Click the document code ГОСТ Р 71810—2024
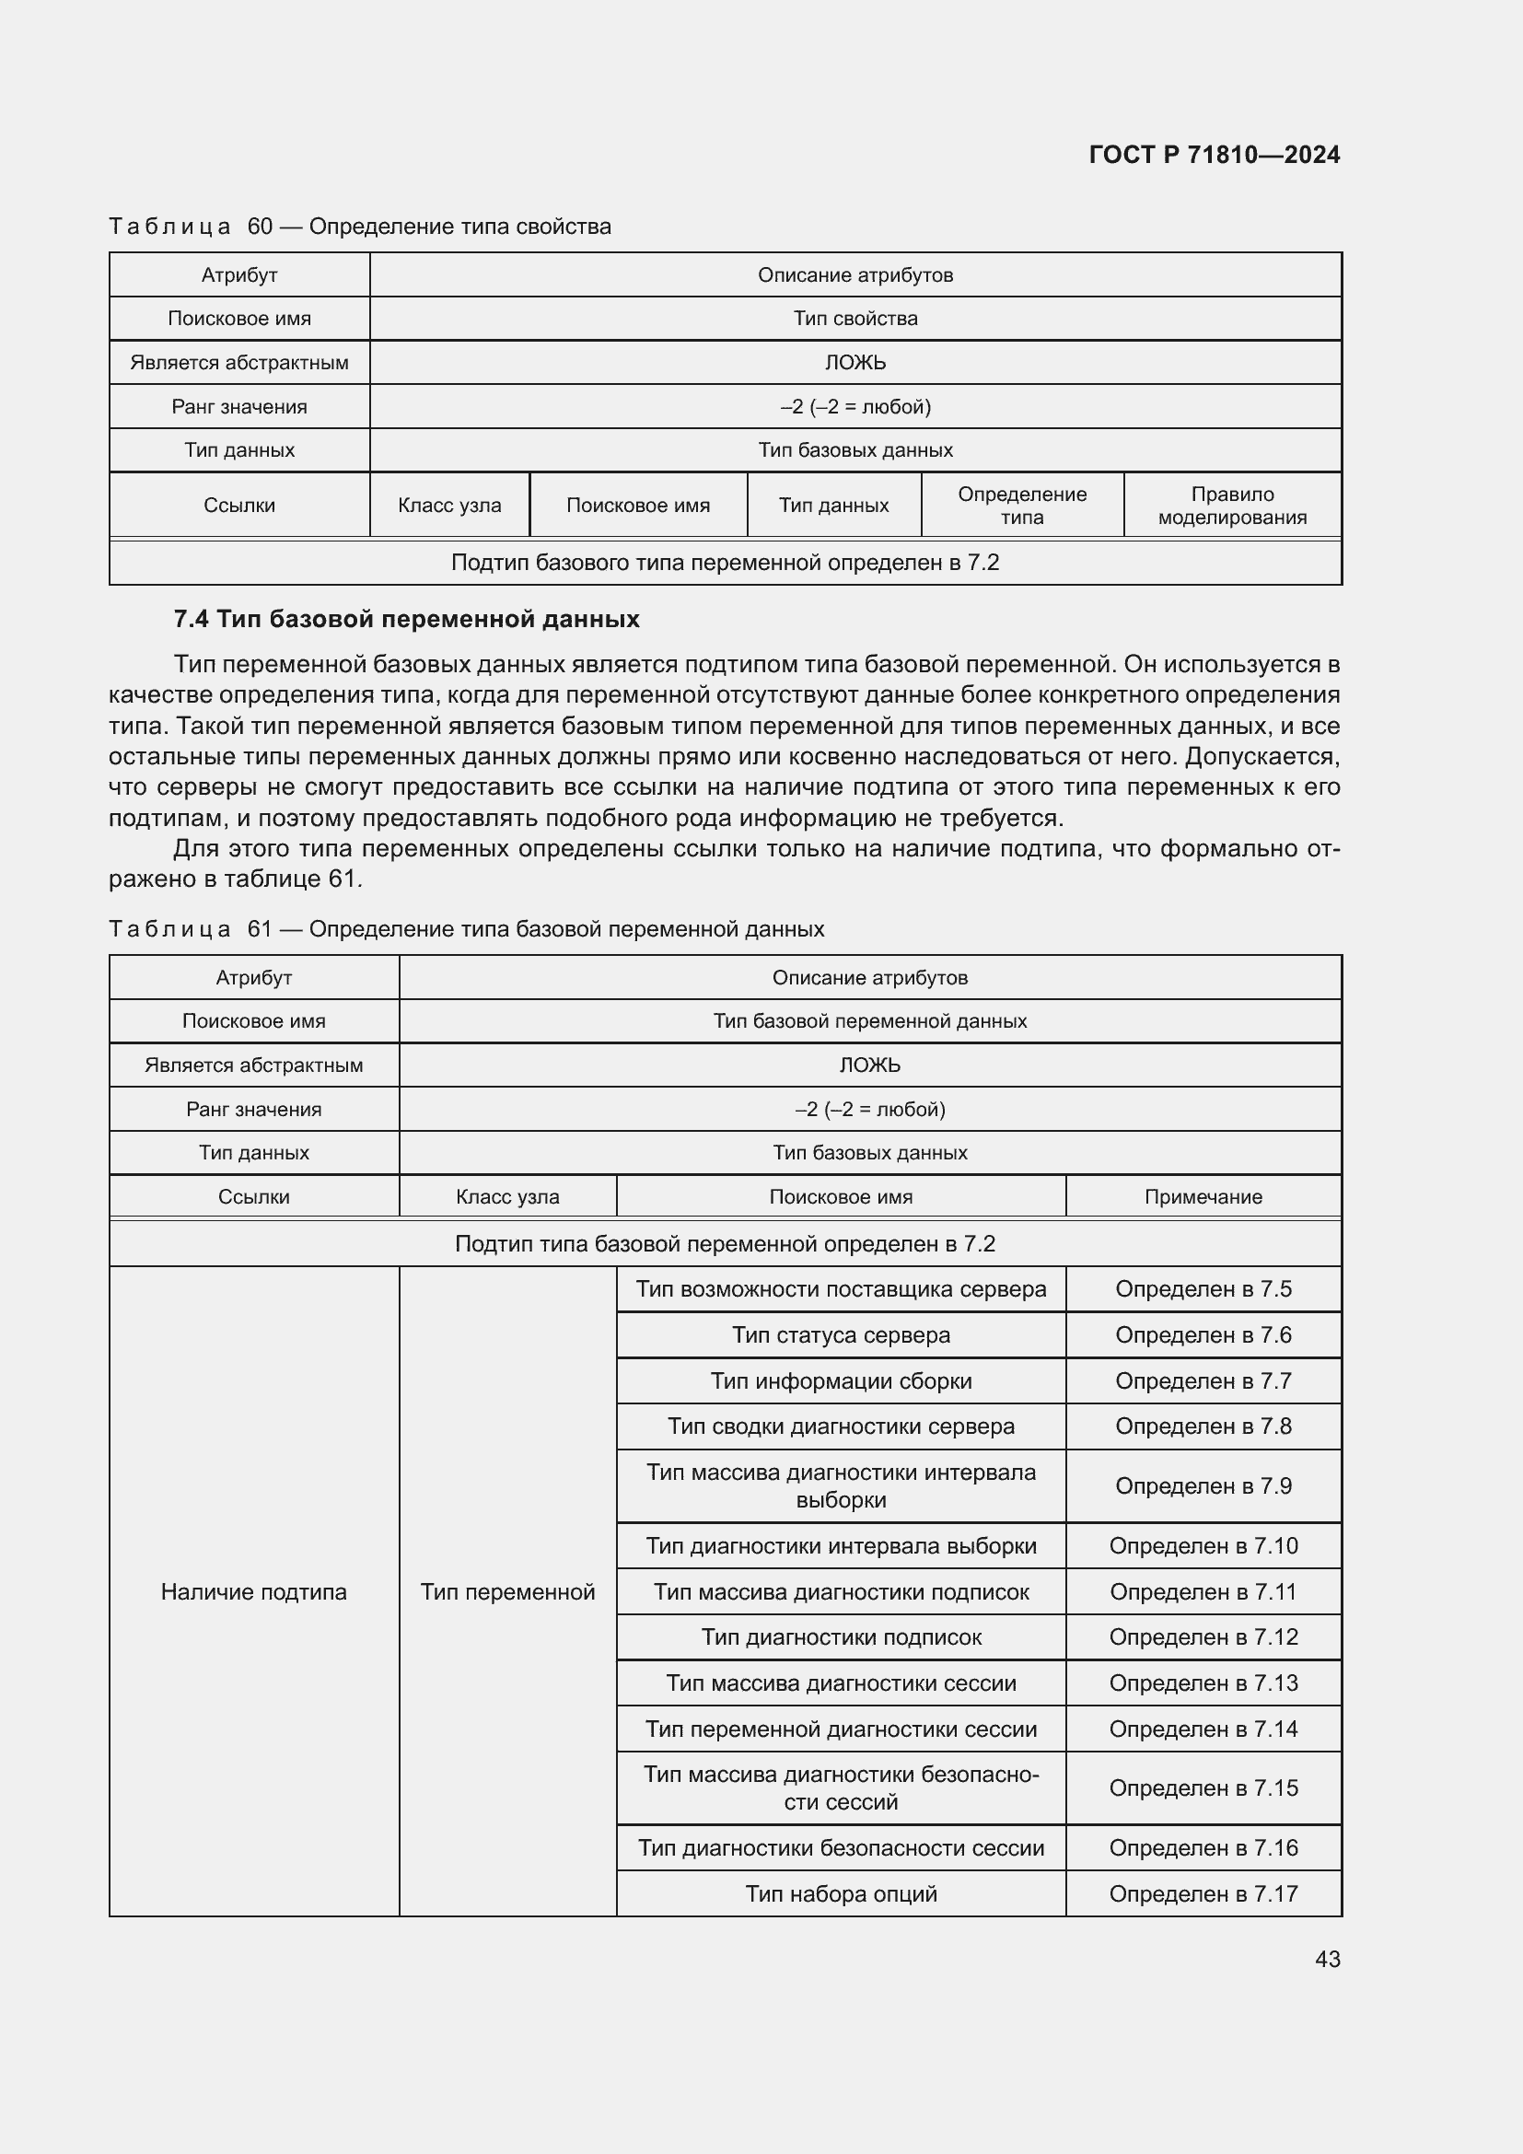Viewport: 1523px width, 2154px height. [1214, 155]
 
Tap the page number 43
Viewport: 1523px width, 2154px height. [1327, 1959]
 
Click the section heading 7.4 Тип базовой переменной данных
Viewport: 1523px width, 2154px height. [406, 619]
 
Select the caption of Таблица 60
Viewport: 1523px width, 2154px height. [360, 227]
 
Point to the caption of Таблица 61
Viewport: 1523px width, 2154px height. [466, 929]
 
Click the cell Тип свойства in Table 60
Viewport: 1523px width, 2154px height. [855, 318]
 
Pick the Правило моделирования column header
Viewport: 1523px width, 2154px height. [1231, 506]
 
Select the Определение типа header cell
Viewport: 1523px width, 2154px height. [1021, 506]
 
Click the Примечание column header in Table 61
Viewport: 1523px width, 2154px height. [1203, 1196]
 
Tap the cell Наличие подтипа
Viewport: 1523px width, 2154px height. [253, 1591]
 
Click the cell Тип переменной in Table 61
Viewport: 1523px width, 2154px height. [507, 1591]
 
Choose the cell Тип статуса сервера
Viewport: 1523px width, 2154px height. [841, 1335]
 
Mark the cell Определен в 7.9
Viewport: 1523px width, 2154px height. [1203, 1486]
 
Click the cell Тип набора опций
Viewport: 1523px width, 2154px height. [841, 1893]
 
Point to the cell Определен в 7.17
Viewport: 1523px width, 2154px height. [1203, 1893]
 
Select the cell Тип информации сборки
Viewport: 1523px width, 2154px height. [841, 1381]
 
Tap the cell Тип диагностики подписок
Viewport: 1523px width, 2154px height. [841, 1637]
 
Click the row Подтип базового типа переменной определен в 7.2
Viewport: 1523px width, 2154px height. [724, 563]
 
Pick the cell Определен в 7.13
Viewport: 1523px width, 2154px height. [1203, 1683]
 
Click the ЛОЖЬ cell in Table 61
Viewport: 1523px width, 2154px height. [869, 1065]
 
